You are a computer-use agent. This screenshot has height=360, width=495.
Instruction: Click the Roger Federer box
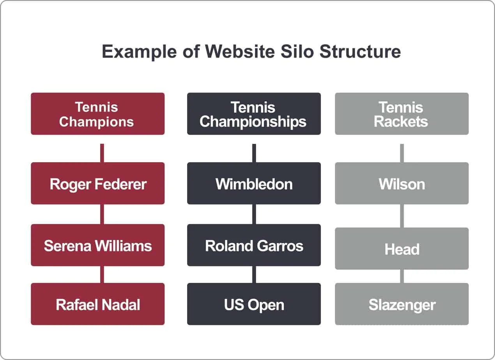tap(97, 184)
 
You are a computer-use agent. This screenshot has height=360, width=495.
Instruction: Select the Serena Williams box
tap(97, 245)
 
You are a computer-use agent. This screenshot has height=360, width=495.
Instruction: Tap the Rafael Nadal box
tap(97, 304)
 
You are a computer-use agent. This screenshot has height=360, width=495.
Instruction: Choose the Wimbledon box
tap(254, 184)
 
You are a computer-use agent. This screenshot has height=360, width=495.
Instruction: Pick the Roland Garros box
tap(254, 245)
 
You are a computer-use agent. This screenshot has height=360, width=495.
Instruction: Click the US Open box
tap(254, 304)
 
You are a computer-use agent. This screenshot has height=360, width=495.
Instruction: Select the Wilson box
tap(401, 184)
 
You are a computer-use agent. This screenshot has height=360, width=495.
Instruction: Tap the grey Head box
tap(401, 249)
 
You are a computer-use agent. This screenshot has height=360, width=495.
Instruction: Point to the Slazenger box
tap(401, 304)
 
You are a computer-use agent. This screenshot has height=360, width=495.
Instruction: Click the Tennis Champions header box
tap(97, 114)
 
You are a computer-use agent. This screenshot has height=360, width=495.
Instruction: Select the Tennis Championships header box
tap(254, 114)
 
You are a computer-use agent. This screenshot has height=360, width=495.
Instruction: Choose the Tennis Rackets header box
tap(401, 114)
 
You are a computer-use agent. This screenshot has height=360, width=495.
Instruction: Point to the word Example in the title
tap(139, 52)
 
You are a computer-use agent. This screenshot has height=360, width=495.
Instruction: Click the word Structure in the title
tap(360, 52)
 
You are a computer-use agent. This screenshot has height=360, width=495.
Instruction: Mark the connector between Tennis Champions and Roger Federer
tap(102, 153)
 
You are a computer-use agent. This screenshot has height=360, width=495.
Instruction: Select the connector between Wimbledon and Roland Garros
tap(254, 214)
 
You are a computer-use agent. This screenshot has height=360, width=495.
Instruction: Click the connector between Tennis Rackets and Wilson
tap(402, 153)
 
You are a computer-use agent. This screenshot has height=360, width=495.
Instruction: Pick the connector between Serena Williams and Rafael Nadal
tap(102, 274)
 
